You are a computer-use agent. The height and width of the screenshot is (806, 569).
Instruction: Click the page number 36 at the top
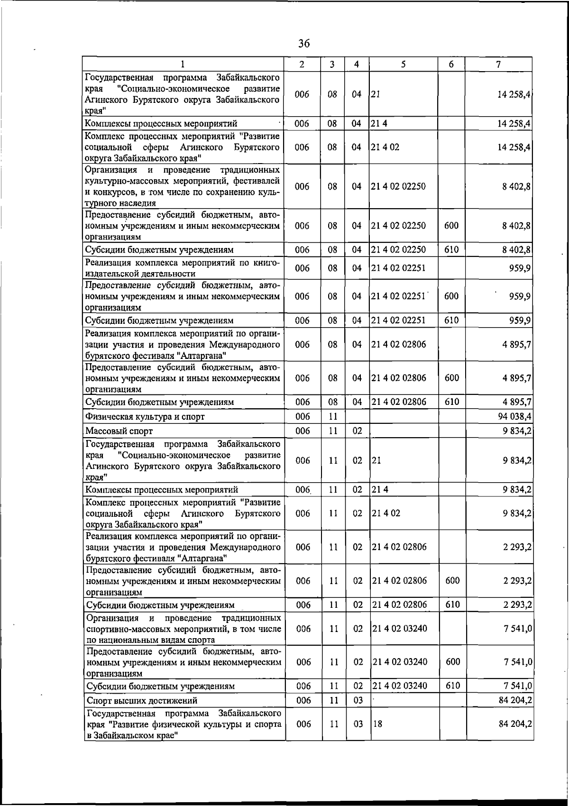pos(304,44)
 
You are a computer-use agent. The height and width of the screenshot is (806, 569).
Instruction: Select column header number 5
pos(403,64)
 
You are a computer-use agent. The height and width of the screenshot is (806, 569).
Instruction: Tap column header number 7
pos(498,64)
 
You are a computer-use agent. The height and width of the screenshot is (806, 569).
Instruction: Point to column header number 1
pos(183,64)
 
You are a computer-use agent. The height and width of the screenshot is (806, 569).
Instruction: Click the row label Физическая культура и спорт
pos(145,417)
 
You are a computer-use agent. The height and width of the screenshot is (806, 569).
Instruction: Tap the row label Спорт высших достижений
pos(142,701)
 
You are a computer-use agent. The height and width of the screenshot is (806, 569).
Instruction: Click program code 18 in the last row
pos(377,724)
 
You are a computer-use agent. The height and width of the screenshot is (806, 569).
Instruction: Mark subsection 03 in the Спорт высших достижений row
pos(358,700)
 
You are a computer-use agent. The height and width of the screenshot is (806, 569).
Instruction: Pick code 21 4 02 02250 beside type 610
pos(398,249)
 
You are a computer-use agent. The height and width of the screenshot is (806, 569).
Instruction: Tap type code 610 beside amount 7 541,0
pos(453,686)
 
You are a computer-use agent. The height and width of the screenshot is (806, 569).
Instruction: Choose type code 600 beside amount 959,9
pos(451,296)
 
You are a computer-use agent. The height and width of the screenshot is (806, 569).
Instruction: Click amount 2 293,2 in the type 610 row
pos(517,605)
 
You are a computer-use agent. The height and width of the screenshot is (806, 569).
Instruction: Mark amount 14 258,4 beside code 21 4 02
pos(514,147)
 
